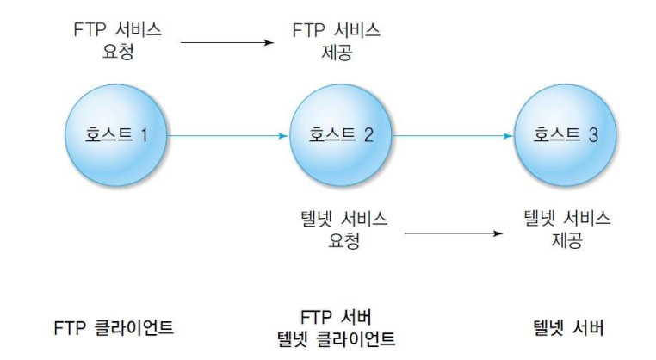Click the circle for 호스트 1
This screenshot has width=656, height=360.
pos(115,135)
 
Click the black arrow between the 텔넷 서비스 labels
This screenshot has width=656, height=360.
pos(453,232)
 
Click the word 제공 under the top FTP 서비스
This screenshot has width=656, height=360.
pos(337,52)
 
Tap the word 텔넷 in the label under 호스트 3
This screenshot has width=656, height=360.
pos(542,220)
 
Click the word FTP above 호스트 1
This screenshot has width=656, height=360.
pos(89,30)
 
